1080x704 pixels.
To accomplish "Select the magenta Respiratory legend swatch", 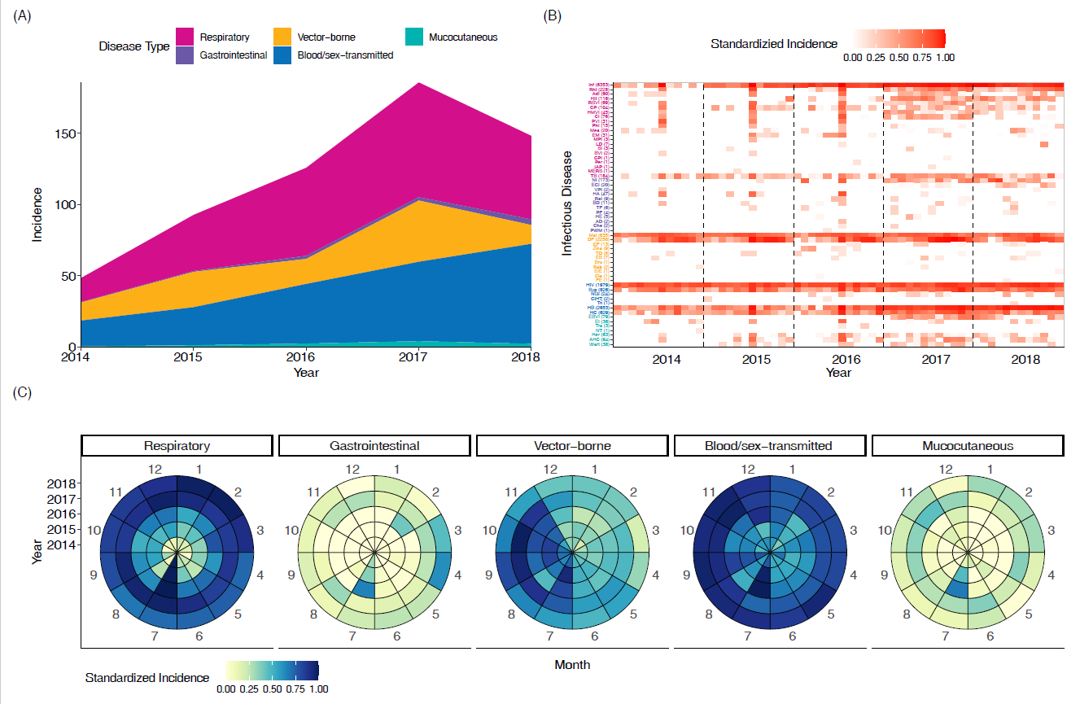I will [185, 37].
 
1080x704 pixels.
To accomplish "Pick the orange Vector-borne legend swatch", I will [282, 37].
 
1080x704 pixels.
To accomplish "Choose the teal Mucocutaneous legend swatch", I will [414, 37].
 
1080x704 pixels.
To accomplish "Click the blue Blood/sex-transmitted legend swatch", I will [282, 55].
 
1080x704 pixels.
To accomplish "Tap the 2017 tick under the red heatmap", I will [928, 358].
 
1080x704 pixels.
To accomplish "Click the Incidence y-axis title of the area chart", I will [37, 215].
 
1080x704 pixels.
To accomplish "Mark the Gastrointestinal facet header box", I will [374, 446].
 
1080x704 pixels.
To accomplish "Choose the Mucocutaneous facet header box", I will [967, 446].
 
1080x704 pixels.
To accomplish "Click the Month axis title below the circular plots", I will [572, 665].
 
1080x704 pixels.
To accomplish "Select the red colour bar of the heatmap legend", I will [899, 39].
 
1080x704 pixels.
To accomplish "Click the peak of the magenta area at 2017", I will [418, 83].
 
